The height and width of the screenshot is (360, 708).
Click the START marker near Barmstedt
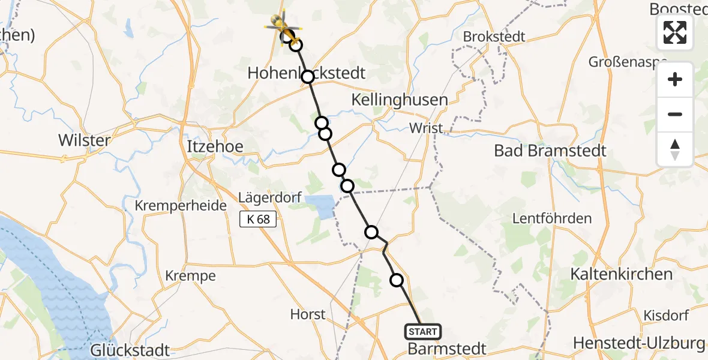423,331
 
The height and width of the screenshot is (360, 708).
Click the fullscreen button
675,32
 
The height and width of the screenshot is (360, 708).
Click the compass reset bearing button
675,149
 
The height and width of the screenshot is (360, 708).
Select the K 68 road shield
258,219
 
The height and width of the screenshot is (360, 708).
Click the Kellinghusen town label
400,100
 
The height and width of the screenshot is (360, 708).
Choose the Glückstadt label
131,350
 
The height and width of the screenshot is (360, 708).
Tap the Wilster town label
84,141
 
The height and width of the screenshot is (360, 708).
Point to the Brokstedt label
494,37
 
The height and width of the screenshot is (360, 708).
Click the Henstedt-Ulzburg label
639,343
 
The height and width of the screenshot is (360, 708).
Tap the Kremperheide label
181,206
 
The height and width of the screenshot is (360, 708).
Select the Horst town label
308,314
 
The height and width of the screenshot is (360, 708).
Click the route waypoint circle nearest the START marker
397,280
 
